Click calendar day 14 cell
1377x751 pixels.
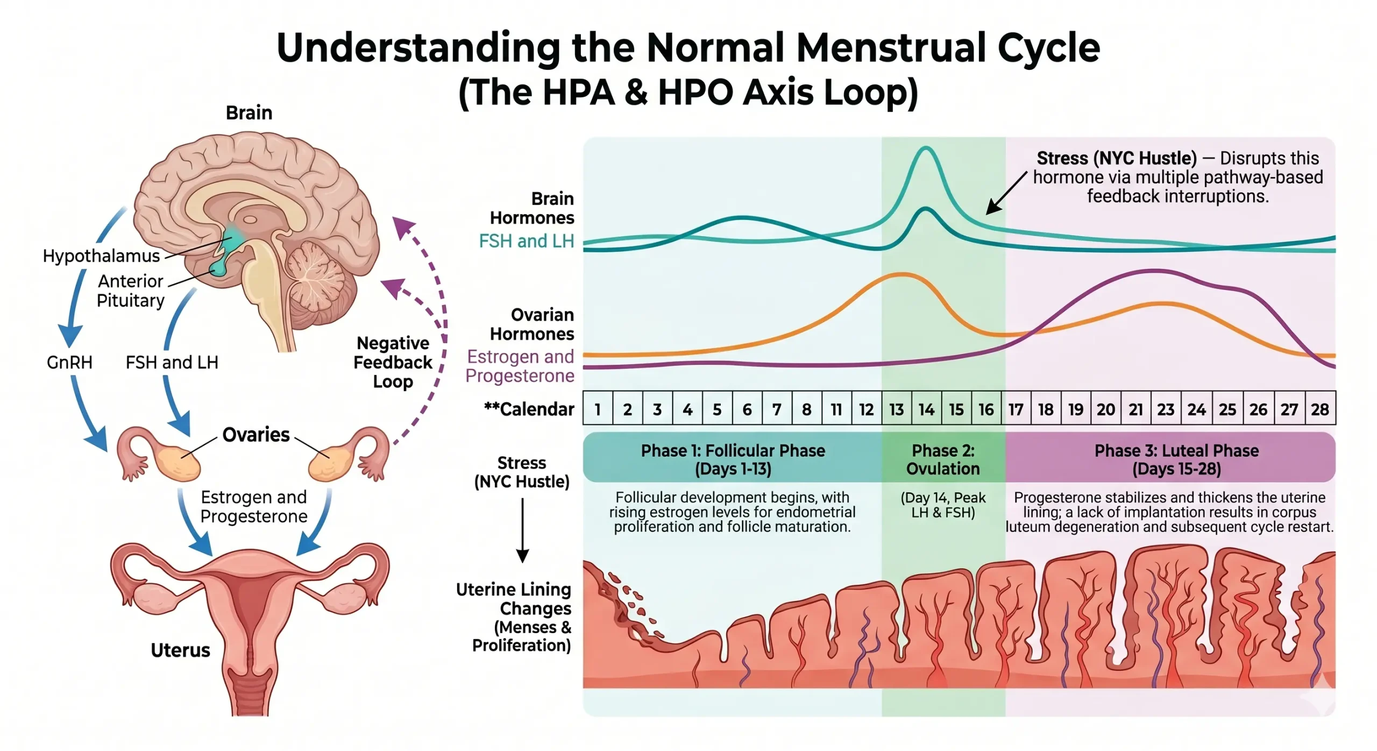point(926,409)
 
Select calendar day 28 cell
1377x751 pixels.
point(1319,409)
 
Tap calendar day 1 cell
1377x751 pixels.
point(598,409)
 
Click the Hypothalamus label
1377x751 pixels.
point(101,256)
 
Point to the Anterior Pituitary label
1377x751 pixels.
point(130,291)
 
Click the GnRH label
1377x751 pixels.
point(69,362)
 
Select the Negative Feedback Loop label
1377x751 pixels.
point(393,362)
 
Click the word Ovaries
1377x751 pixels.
point(255,434)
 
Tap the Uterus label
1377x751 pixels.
point(180,650)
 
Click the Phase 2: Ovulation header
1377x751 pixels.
point(942,459)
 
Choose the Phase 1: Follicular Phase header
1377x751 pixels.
point(732,459)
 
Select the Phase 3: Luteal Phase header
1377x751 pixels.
point(1176,459)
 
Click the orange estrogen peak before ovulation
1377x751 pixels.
point(902,275)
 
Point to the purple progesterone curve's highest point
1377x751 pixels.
point(1154,271)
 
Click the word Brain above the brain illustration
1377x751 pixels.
point(249,113)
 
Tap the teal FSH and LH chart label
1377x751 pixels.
point(526,241)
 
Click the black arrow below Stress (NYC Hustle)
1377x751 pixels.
point(522,530)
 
